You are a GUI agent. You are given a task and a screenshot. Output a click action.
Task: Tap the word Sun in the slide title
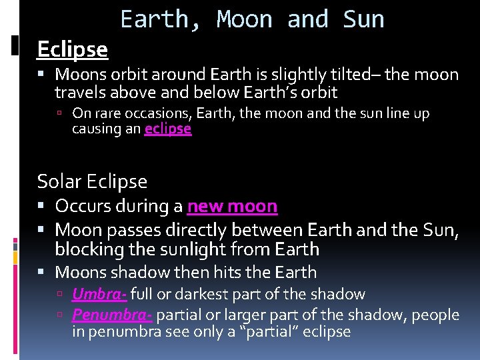click(363, 19)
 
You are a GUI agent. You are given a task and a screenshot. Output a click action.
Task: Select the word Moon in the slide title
click(244, 19)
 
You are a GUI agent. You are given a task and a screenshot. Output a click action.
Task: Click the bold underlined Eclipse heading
click(72, 49)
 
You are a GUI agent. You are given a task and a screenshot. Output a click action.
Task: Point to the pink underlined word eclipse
click(168, 129)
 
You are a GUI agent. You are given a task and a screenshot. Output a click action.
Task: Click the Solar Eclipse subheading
click(92, 181)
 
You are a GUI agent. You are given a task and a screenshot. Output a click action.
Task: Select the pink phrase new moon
click(232, 207)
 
